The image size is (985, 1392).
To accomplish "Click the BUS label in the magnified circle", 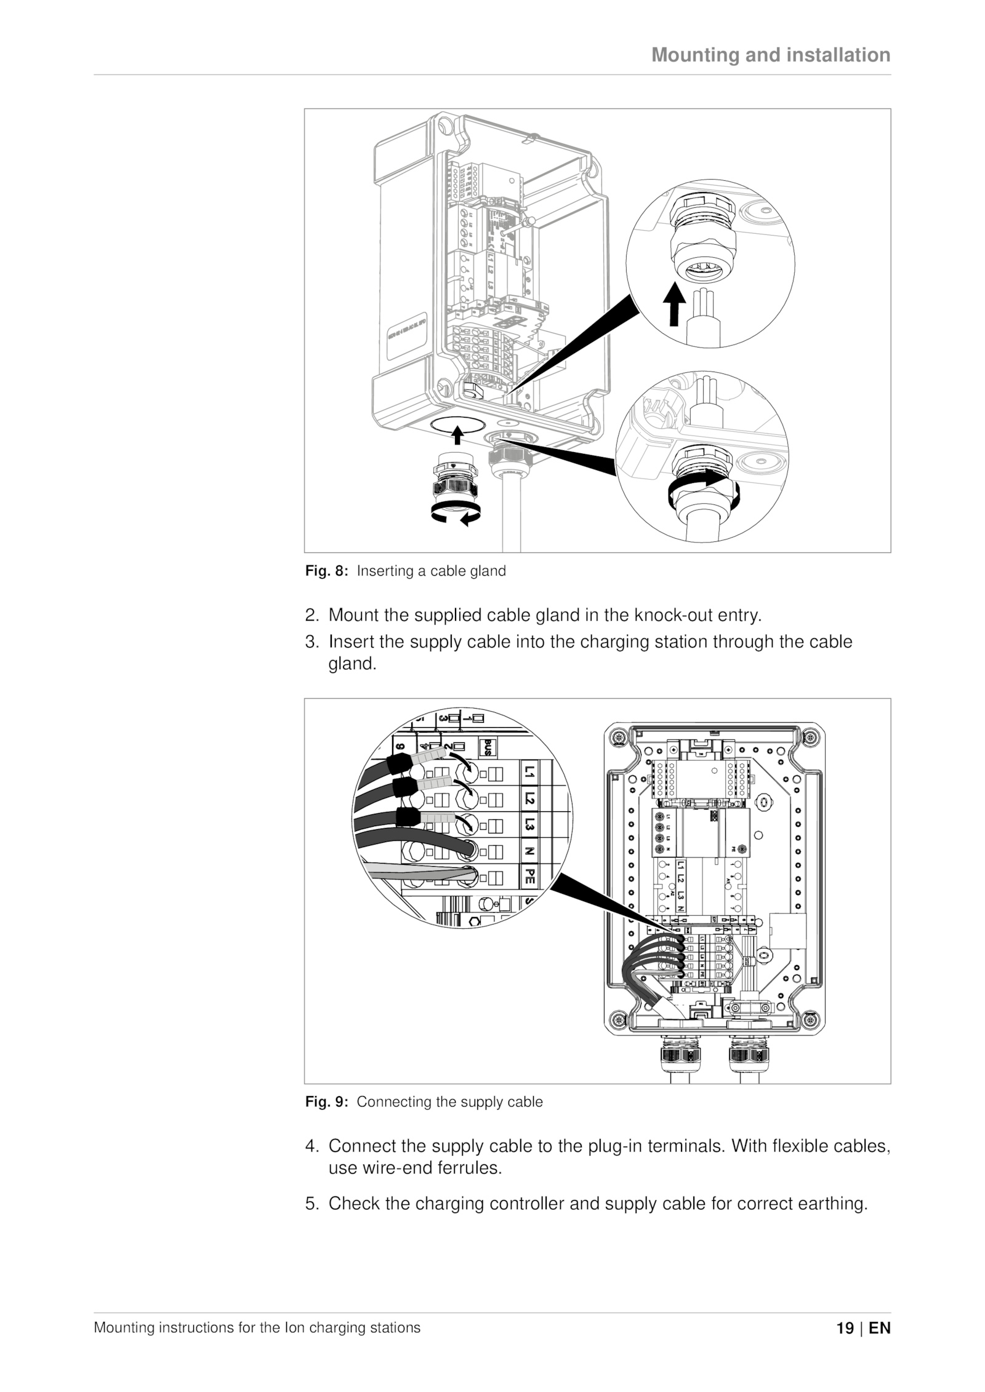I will point(488,747).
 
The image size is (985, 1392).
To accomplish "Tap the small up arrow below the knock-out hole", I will point(457,435).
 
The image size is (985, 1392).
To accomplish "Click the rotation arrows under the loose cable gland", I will point(456,513).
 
